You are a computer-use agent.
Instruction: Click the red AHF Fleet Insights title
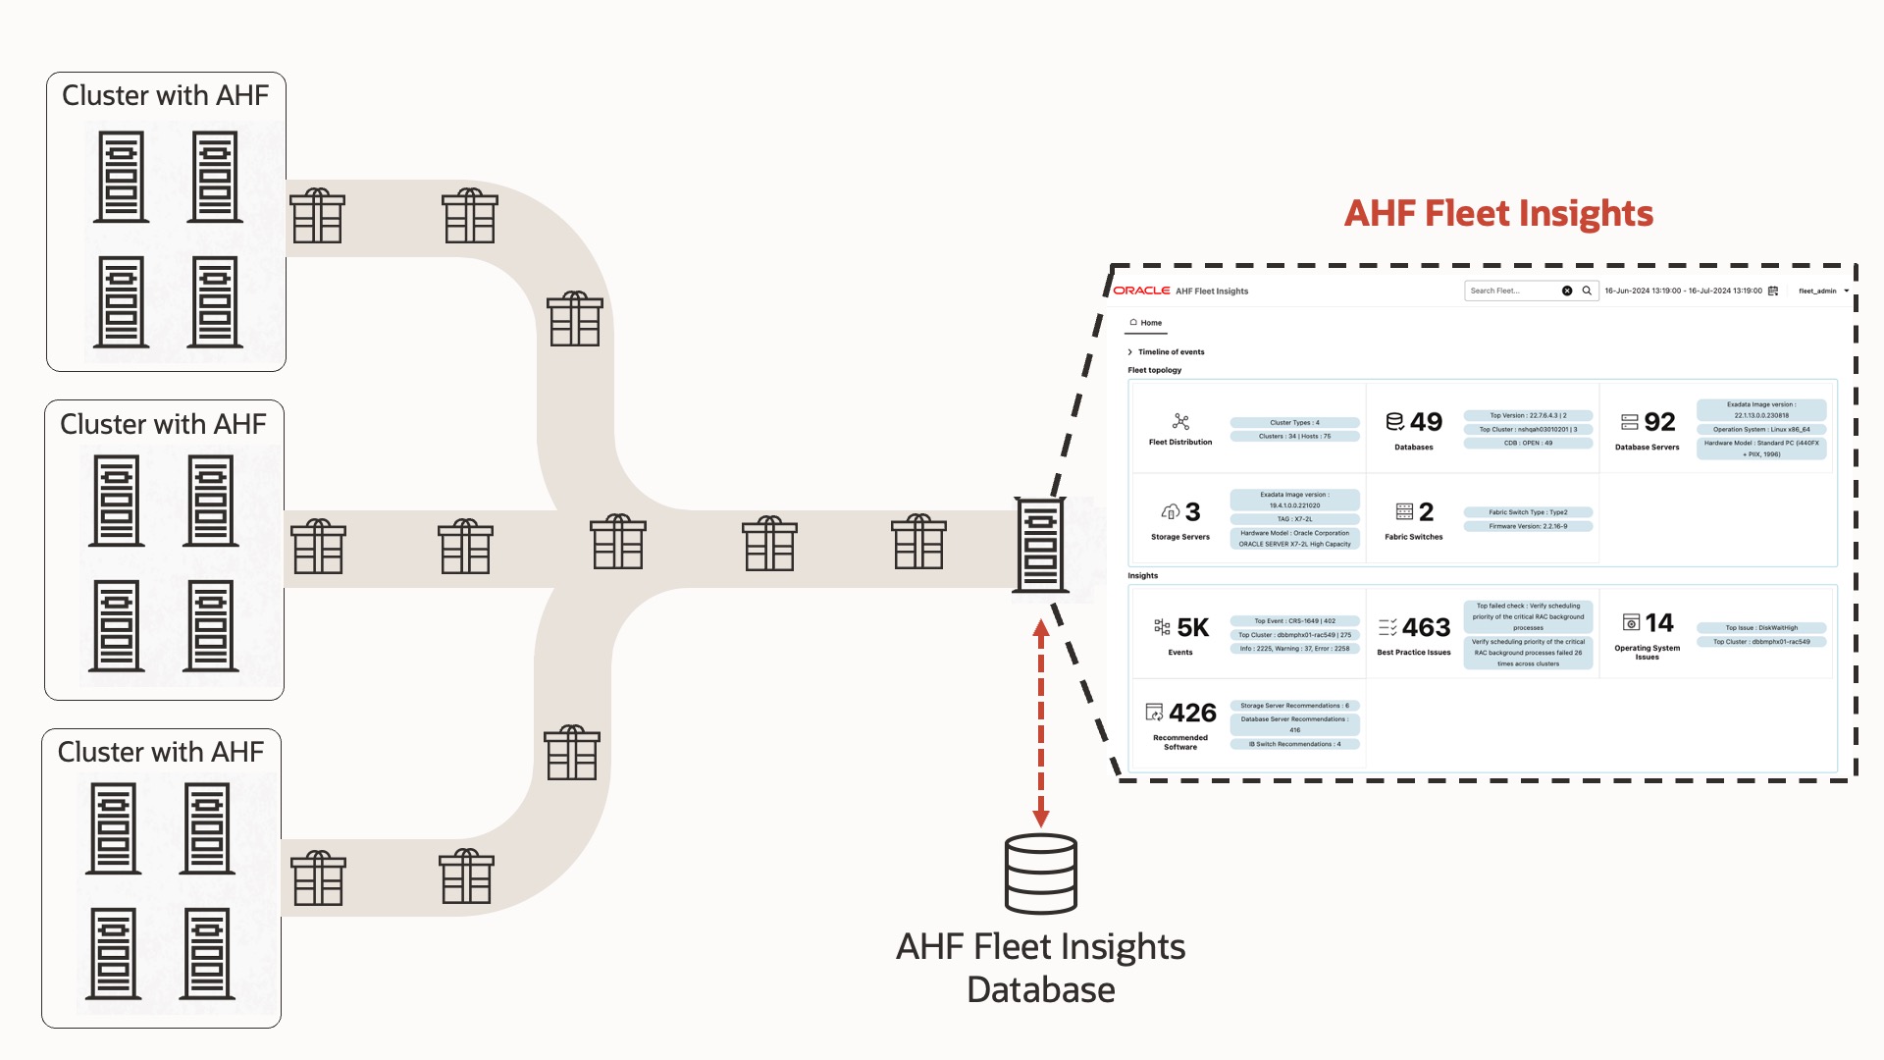pyautogui.click(x=1497, y=214)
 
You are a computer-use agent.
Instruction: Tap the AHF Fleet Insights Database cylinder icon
pyautogui.click(x=1041, y=873)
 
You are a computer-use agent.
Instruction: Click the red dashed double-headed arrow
pyautogui.click(x=1041, y=723)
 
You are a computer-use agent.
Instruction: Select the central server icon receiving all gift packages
pyautogui.click(x=1040, y=545)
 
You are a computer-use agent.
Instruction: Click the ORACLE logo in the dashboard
pyautogui.click(x=1141, y=291)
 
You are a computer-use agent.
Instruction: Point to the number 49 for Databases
pyautogui.click(x=1426, y=422)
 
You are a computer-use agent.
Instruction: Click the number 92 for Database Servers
pyautogui.click(x=1659, y=422)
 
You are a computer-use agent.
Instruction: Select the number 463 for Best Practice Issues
pyautogui.click(x=1426, y=627)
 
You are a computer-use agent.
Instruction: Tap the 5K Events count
pyautogui.click(x=1192, y=627)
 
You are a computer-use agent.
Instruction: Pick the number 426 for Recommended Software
pyautogui.click(x=1192, y=713)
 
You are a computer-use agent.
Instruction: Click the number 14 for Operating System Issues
pyautogui.click(x=1659, y=622)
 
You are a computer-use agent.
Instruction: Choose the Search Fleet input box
pyautogui.click(x=1512, y=291)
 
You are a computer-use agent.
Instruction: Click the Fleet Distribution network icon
pyautogui.click(x=1180, y=422)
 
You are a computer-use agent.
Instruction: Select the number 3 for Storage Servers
pyautogui.click(x=1192, y=511)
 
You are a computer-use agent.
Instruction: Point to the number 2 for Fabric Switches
pyautogui.click(x=1426, y=511)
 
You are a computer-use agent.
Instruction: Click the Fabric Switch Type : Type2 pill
pyautogui.click(x=1528, y=512)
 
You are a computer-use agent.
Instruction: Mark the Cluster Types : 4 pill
pyautogui.click(x=1294, y=423)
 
